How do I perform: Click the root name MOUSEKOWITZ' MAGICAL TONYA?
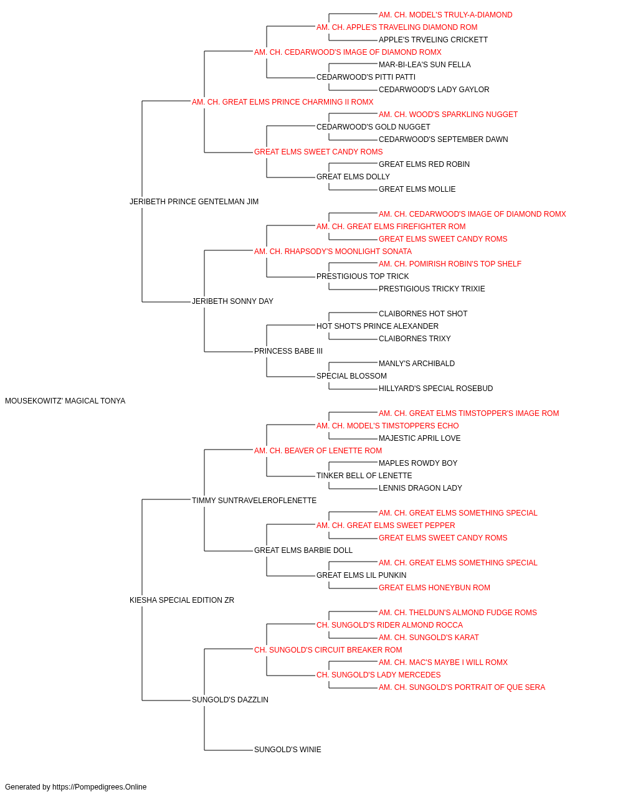[x=65, y=401]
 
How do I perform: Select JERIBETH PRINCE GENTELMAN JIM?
[x=194, y=202]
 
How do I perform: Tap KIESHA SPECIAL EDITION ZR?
[x=182, y=600]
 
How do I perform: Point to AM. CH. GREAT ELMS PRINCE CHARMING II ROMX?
[x=282, y=102]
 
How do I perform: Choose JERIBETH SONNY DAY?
[x=232, y=301]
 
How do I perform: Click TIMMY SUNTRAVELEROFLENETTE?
[x=254, y=501]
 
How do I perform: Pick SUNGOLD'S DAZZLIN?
[x=230, y=700]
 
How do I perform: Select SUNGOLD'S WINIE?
[x=287, y=750]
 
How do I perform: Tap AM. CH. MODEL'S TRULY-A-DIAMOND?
[x=445, y=15]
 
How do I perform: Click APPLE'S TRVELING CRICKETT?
[x=433, y=40]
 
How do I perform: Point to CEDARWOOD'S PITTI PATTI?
[x=366, y=77]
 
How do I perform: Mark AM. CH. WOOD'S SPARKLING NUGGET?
[x=448, y=115]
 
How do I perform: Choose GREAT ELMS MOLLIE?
[x=417, y=189]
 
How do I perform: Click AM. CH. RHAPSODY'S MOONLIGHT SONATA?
[x=333, y=252]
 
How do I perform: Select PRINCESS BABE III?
[x=288, y=351]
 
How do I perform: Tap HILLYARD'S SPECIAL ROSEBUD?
[x=435, y=389]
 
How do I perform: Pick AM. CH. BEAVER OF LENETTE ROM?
[x=318, y=451]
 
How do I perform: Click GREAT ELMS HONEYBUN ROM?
[x=434, y=588]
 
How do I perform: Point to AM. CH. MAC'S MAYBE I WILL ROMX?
[x=443, y=663]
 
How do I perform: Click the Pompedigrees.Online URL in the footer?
[x=99, y=787]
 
